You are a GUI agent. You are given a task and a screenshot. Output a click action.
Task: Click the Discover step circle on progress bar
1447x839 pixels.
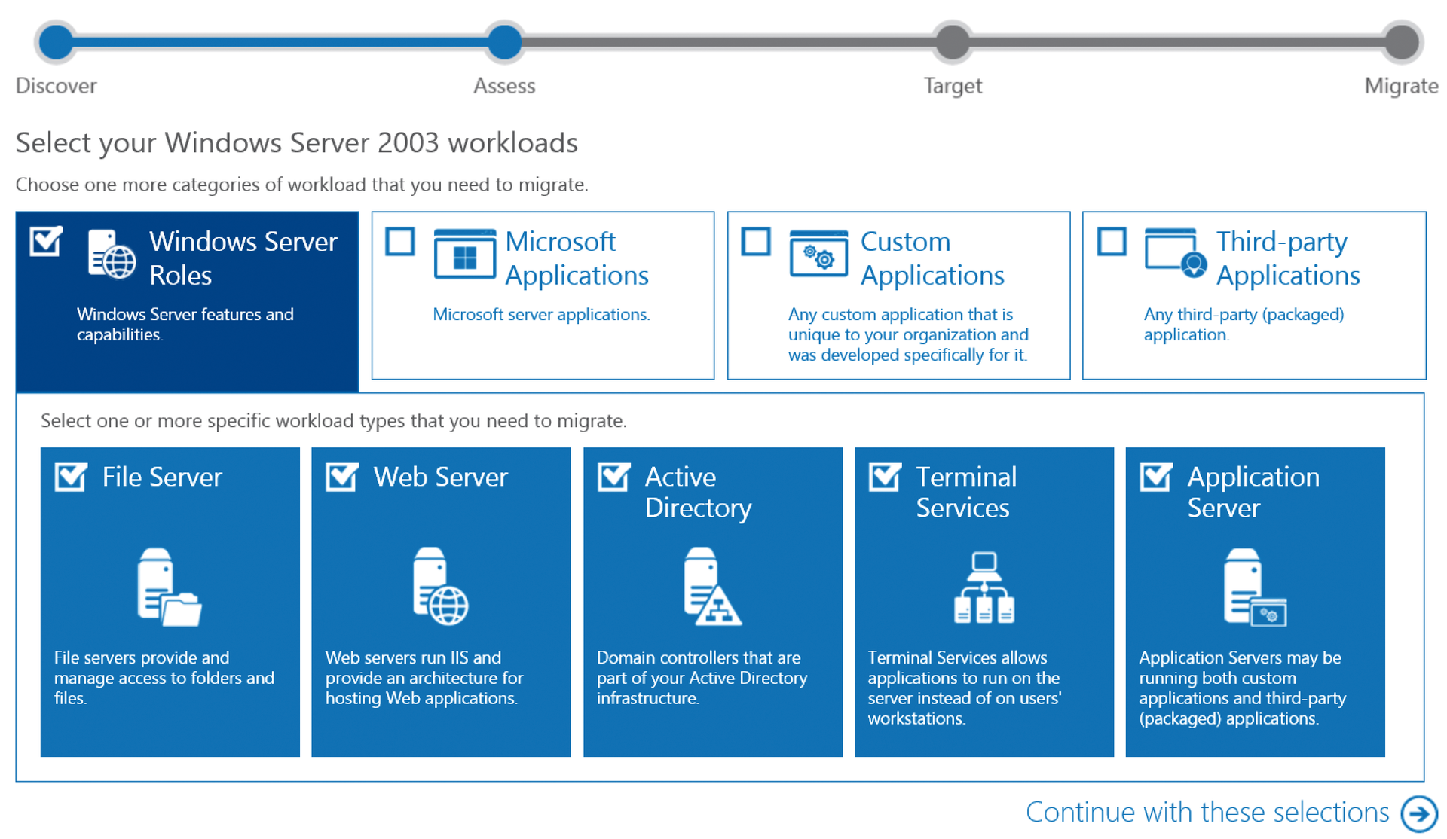(57, 41)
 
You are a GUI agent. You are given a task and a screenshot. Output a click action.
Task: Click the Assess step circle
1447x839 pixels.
(504, 41)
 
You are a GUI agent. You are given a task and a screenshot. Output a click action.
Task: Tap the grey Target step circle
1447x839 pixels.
(953, 41)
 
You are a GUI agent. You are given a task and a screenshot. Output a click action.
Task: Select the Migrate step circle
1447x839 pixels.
(1401, 41)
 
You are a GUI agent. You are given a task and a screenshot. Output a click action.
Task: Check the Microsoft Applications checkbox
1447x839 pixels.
(400, 243)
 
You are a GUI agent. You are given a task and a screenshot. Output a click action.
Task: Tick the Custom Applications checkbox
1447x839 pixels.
(756, 243)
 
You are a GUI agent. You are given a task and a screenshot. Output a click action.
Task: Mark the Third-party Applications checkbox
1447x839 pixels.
(1112, 243)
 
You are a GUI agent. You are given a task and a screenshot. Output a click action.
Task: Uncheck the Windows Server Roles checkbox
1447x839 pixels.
(45, 243)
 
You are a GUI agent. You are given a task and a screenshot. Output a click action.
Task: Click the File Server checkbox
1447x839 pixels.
(71, 477)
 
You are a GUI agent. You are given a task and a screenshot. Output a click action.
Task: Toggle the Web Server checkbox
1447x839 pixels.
(342, 477)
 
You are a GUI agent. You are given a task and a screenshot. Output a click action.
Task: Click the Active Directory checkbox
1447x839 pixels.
(613, 477)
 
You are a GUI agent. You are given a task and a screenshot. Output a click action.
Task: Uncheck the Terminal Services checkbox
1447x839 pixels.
(885, 477)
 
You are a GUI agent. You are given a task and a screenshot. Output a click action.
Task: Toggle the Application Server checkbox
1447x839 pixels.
(1156, 477)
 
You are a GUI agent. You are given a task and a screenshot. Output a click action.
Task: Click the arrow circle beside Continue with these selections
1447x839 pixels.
(1419, 813)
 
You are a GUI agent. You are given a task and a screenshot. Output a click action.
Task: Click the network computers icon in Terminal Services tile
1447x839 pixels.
(984, 587)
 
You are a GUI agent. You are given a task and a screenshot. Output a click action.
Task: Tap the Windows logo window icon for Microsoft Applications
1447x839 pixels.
(465, 255)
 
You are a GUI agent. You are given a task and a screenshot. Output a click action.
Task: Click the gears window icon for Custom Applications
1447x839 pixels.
(818, 255)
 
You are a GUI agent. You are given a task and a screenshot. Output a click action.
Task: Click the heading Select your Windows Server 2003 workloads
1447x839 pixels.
(297, 143)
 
